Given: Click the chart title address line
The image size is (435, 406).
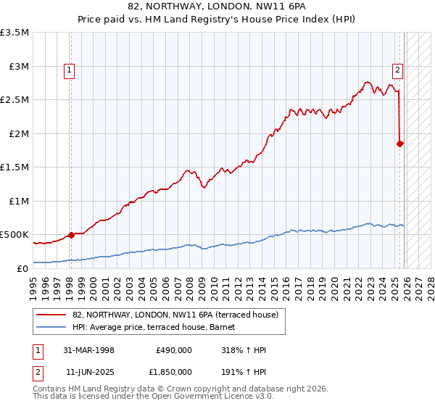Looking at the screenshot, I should [x=217, y=7].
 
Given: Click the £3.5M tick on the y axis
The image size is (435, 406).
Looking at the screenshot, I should [x=15, y=33].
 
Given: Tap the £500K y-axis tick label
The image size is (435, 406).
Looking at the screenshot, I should [x=14, y=235].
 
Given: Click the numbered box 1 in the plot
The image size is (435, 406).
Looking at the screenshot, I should [x=69, y=70].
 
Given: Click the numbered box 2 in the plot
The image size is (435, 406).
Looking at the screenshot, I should [x=398, y=70].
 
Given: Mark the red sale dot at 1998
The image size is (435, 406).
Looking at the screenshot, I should [x=71, y=235].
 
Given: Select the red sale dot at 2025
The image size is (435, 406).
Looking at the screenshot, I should [x=400, y=144].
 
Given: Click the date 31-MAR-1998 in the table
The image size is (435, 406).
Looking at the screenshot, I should [x=90, y=350].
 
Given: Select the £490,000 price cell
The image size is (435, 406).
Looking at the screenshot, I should [x=173, y=350].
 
